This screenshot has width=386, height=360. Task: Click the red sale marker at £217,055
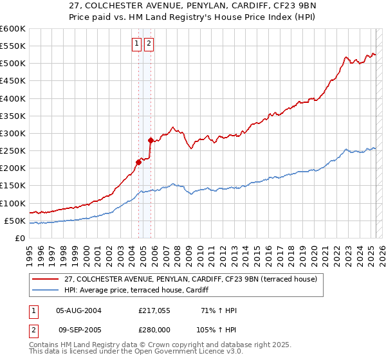[138, 162]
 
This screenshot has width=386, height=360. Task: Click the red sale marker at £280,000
[151, 140]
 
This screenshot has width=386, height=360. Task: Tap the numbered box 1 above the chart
[138, 44]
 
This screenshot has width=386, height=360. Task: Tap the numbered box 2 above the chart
[149, 44]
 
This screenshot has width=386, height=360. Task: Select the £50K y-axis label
[15, 221]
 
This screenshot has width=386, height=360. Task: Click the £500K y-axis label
[12, 63]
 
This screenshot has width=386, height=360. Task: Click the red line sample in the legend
[45, 279]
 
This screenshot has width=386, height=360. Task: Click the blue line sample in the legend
[45, 290]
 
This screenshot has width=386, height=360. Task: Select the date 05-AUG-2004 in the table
[79, 310]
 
